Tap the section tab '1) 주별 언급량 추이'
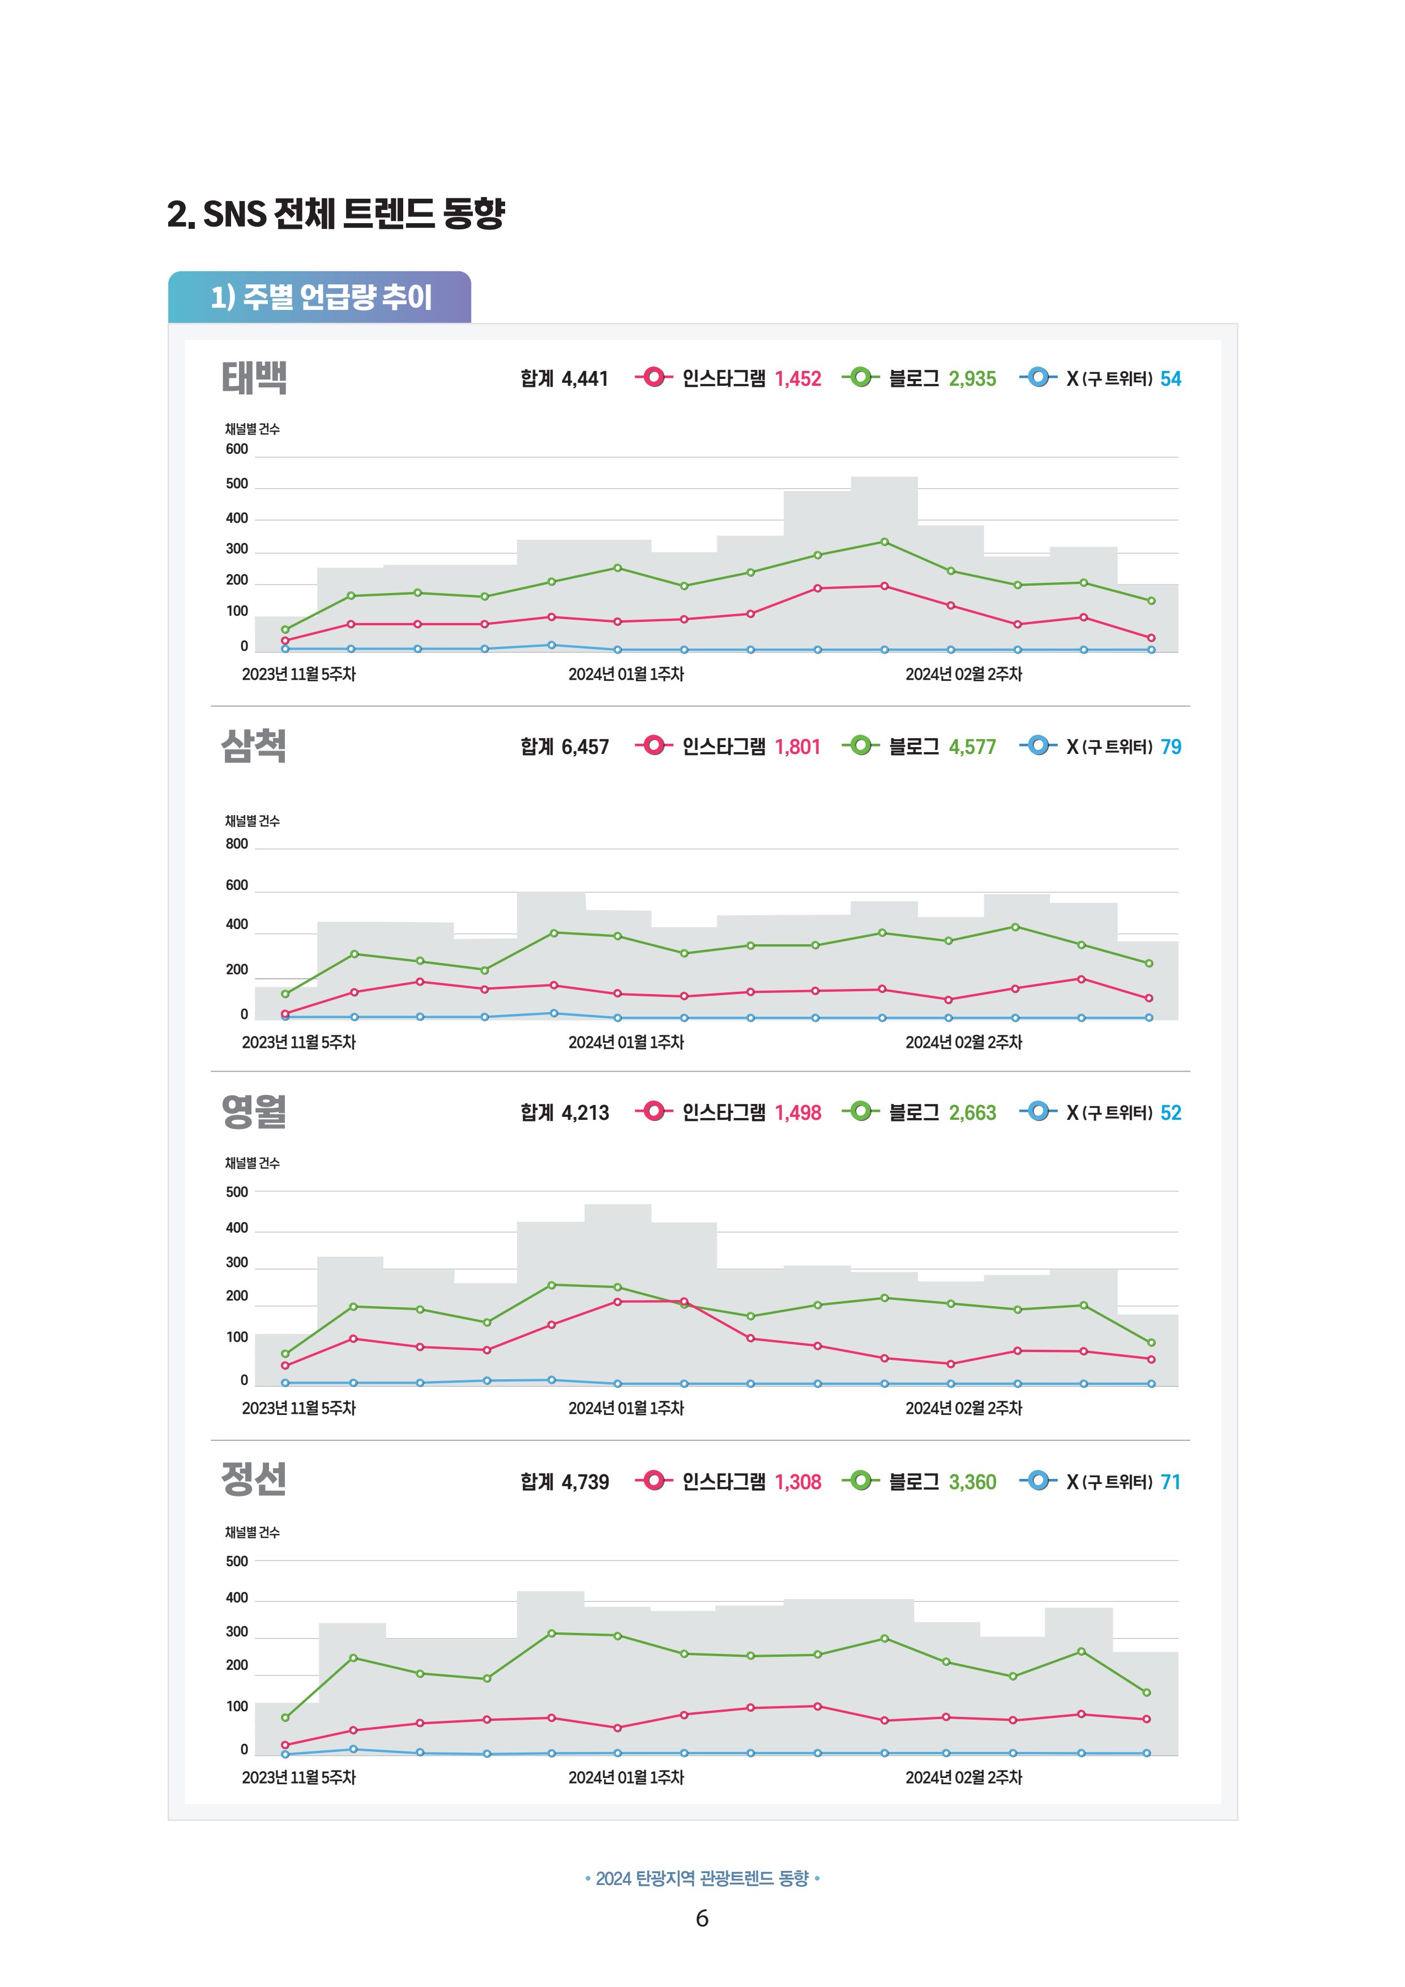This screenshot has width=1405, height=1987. pos(320,297)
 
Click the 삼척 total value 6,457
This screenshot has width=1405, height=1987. pos(585,747)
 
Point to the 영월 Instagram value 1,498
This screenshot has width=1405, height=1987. pos(798,1113)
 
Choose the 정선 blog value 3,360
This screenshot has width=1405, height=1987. pos(972,1482)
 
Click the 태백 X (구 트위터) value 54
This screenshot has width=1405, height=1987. pos(1171,379)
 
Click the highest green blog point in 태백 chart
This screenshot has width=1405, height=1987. pos(884,541)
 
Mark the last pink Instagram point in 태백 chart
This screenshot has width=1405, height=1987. pos(1151,638)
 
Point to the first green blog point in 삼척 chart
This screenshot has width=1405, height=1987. pos(285,994)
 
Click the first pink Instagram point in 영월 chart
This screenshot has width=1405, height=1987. pos(285,1366)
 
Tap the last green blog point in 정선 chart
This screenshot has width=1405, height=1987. pos(1147,1692)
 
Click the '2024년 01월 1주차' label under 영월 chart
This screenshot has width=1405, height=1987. pos(626,1408)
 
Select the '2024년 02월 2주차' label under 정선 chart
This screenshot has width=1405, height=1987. pos(964,1777)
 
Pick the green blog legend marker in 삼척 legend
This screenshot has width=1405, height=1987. pos(861,745)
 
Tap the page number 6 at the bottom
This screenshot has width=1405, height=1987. pos(702,1918)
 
